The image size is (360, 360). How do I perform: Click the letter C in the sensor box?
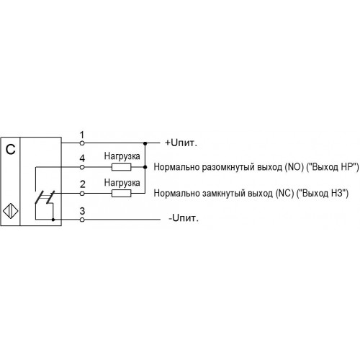pos(10,150)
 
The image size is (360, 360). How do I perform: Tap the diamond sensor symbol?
pos(11,211)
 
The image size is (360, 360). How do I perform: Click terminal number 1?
pos(82,135)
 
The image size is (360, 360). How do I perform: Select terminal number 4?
pos(82,158)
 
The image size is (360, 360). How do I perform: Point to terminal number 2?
pos(82,184)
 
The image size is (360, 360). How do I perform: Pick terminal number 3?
pos(82,211)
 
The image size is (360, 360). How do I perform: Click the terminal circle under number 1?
pos(82,143)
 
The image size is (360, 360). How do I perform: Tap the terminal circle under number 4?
pos(82,167)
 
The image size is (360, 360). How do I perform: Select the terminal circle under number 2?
pos(82,193)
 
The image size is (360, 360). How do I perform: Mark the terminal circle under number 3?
pos(82,220)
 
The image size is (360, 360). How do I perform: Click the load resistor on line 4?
pos(122,167)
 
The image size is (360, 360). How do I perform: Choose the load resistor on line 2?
pos(122,193)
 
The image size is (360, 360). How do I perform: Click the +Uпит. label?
pos(181,143)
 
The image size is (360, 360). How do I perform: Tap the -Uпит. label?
pos(184,218)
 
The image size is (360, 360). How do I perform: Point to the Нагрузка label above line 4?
pos(122,156)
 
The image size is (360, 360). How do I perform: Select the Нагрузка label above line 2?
pos(122,183)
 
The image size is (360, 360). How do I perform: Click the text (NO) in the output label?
pos(294,167)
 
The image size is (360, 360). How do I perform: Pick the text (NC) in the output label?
pos(285,193)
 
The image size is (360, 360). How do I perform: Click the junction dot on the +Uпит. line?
pos(145,143)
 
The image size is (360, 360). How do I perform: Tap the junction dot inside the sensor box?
pos(53,220)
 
